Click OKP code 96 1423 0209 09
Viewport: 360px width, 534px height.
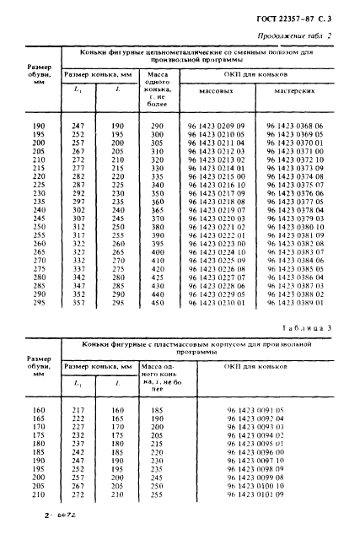click(x=215, y=126)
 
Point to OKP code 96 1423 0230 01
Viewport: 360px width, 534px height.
click(x=215, y=303)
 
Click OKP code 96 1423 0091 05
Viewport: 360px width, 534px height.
click(x=256, y=409)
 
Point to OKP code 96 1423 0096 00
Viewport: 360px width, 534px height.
click(x=256, y=451)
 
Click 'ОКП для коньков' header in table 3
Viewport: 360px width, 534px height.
click(x=256, y=369)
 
